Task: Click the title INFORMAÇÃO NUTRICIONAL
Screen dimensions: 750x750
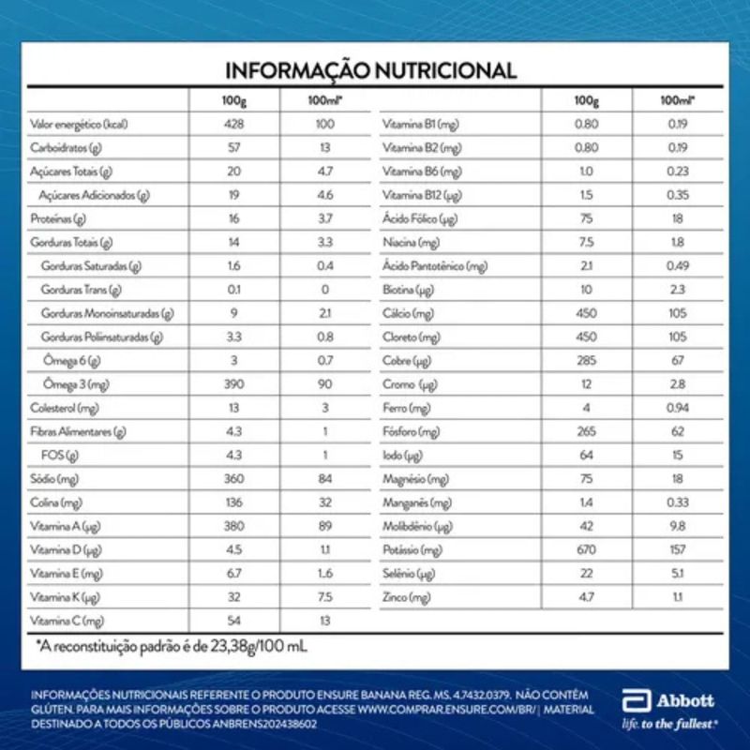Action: coord(371,70)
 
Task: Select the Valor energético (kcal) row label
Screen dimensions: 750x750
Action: coord(79,124)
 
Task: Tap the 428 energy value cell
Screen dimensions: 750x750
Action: coord(233,124)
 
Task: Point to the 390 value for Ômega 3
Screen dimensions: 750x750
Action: coord(233,384)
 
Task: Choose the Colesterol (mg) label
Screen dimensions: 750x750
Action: coord(66,408)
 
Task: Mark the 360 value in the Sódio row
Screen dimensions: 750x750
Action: coord(233,479)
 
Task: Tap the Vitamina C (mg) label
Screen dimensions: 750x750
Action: coord(67,621)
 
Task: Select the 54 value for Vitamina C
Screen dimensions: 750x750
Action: coord(233,621)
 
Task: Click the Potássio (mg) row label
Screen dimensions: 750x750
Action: coord(412,549)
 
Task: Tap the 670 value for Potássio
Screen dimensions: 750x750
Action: coord(587,549)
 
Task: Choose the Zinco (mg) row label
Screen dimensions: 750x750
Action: coord(407,597)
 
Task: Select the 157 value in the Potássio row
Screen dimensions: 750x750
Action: coord(677,549)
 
